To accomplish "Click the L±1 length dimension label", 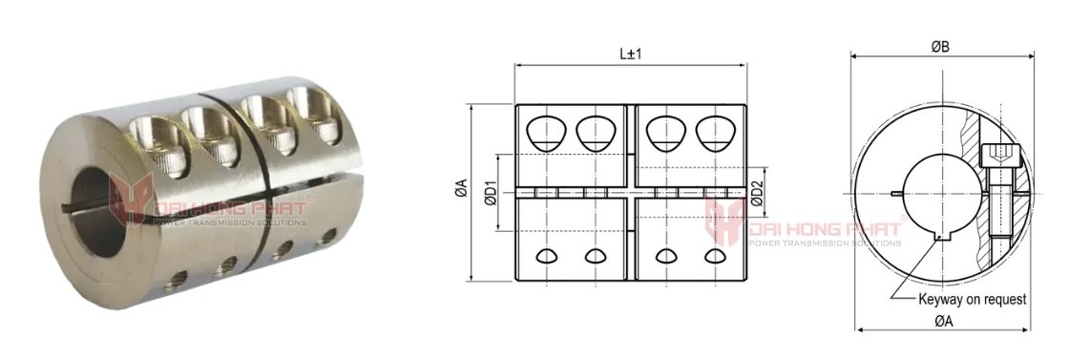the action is [x=630, y=53].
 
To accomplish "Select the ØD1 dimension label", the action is [x=489, y=193].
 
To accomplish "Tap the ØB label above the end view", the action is [x=940, y=47].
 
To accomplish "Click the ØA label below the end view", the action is [x=944, y=321].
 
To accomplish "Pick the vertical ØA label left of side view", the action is [x=462, y=188].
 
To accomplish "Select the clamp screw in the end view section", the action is [x=993, y=190].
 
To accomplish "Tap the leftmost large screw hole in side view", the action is [x=545, y=134].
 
